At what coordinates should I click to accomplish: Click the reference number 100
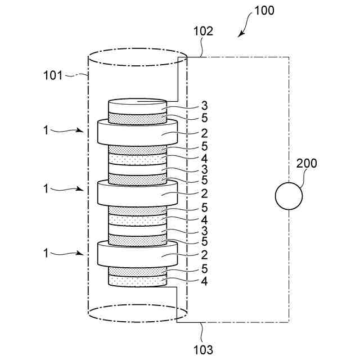click(x=264, y=10)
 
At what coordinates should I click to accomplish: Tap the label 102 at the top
click(x=203, y=31)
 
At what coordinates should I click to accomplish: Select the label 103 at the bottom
click(x=203, y=350)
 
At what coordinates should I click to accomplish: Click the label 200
click(x=306, y=164)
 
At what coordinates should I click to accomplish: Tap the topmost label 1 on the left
click(x=46, y=130)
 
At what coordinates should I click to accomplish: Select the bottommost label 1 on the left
click(x=46, y=253)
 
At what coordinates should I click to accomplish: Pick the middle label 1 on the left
click(x=46, y=190)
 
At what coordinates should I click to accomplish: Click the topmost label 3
click(x=204, y=105)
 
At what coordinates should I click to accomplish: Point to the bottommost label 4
click(x=204, y=280)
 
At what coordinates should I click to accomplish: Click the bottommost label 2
click(x=204, y=254)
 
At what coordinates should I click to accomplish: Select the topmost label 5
click(x=204, y=117)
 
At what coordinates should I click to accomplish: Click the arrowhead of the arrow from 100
click(x=240, y=35)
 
